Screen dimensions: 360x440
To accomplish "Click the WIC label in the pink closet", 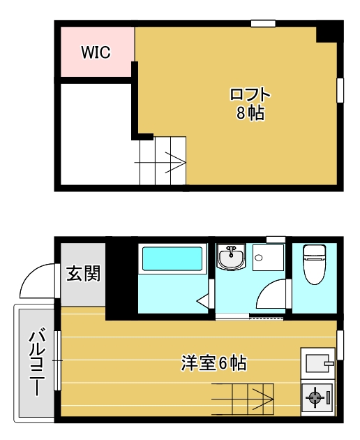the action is pyautogui.click(x=96, y=52).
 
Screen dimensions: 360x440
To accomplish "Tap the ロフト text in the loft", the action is pyautogui.click(x=250, y=94).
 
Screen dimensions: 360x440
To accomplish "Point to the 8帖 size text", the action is pyautogui.click(x=250, y=113).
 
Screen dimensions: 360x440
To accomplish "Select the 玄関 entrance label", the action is pyautogui.click(x=83, y=274).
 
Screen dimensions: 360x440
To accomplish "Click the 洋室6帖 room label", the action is pyautogui.click(x=214, y=363).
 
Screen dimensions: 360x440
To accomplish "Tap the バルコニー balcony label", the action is pyautogui.click(x=37, y=362).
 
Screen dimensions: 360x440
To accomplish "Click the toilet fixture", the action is pyautogui.click(x=315, y=264).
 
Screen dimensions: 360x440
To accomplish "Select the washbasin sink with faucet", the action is pyautogui.click(x=231, y=257).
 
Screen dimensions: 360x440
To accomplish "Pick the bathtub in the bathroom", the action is pyautogui.click(x=172, y=259).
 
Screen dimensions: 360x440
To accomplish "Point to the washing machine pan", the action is pyautogui.click(x=269, y=258).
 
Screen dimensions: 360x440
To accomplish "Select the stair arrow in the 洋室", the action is pyautogui.click(x=243, y=399).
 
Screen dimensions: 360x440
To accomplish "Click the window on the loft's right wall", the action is pyautogui.click(x=340, y=90).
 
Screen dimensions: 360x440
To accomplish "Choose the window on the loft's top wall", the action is pyautogui.click(x=263, y=24).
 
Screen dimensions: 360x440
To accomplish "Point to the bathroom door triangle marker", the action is pyautogui.click(x=203, y=301).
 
